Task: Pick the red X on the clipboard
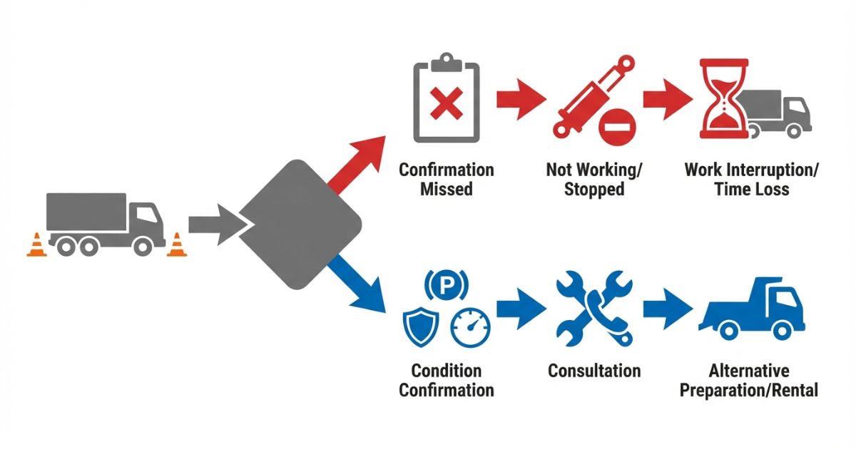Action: [447, 106]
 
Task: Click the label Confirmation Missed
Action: [447, 179]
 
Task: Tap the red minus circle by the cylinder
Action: [613, 129]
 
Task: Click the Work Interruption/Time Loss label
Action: [751, 179]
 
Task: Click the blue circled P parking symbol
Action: [447, 286]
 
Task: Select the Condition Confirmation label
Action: [447, 380]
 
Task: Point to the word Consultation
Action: [594, 371]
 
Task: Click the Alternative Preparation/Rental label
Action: [748, 380]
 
